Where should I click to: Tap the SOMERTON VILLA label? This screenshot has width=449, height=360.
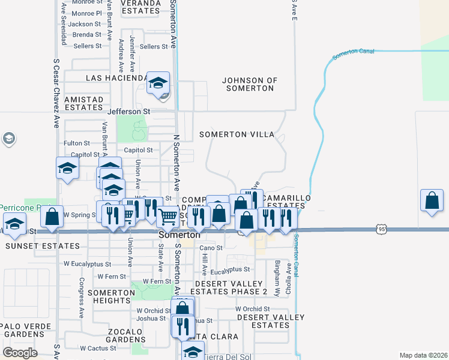[x=237, y=134]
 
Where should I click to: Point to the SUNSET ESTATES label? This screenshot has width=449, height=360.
[x=42, y=246]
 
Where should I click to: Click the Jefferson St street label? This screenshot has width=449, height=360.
[x=128, y=112]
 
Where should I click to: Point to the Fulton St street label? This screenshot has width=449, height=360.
[x=77, y=143]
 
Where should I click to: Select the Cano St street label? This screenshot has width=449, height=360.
[x=211, y=247]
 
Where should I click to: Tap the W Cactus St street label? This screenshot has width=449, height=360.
[x=98, y=348]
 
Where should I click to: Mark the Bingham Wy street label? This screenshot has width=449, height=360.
[x=277, y=271]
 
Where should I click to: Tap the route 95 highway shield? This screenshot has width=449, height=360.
[x=382, y=229]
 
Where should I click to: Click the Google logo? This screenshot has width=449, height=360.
[x=20, y=353]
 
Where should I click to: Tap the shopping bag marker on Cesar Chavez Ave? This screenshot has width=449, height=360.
[x=52, y=217]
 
